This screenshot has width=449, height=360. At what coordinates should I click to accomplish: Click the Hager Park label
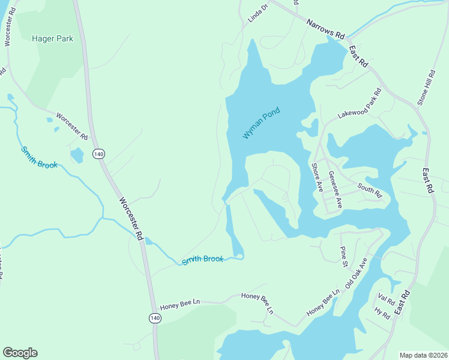click(x=52, y=38)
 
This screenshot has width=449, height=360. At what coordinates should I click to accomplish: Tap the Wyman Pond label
click(x=261, y=124)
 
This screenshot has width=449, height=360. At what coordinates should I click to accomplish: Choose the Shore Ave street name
click(x=316, y=178)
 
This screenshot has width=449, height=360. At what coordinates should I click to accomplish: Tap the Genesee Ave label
click(x=335, y=189)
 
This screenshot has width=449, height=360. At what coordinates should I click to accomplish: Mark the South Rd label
click(x=369, y=190)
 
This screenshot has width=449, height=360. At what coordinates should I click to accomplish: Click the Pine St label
click(x=344, y=256)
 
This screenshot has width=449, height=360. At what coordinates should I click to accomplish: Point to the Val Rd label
click(x=387, y=299)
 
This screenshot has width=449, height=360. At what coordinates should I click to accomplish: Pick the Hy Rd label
click(x=382, y=312)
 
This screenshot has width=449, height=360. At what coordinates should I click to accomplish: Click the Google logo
click(x=20, y=353)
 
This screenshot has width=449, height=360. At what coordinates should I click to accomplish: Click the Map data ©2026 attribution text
click(x=423, y=355)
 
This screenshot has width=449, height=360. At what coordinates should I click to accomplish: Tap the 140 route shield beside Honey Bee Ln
click(x=155, y=317)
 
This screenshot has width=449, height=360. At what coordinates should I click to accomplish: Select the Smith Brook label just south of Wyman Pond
click(x=202, y=260)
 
